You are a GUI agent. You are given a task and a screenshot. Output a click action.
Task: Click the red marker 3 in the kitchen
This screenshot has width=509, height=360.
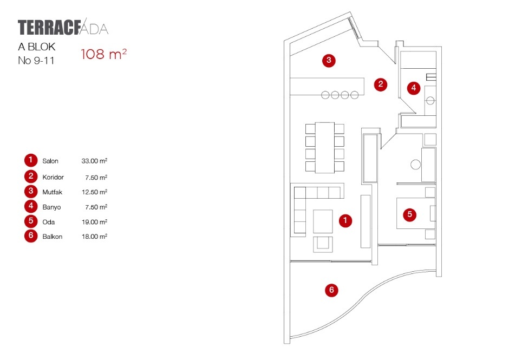pyautogui.click(x=328, y=60)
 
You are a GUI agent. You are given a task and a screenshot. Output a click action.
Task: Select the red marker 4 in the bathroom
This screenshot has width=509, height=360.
pyautogui.click(x=414, y=87)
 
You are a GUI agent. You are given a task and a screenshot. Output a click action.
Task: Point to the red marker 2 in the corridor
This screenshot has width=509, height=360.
pyautogui.click(x=381, y=84)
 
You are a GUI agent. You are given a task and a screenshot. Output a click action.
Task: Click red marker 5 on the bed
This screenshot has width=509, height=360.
pyautogui.click(x=410, y=214)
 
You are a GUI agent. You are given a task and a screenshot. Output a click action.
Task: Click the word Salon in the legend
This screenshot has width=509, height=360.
pyautogui.click(x=50, y=161)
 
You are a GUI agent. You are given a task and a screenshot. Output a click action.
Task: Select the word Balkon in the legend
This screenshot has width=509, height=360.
pyautogui.click(x=52, y=237)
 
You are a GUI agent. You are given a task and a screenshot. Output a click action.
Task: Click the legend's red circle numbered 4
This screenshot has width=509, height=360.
pyautogui.click(x=30, y=206)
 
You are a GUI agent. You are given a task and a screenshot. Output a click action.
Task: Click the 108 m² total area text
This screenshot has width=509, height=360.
pyautogui.click(x=103, y=54)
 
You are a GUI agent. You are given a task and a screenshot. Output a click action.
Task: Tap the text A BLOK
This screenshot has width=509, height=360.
pyautogui.click(x=37, y=47)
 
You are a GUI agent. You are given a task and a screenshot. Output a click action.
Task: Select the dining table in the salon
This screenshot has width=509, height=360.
pyautogui.click(x=325, y=147)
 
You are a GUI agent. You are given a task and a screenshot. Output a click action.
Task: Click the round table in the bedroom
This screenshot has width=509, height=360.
pyautogui.click(x=415, y=165)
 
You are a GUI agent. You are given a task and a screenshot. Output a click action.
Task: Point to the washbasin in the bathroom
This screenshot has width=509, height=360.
pyautogui.click(x=431, y=100)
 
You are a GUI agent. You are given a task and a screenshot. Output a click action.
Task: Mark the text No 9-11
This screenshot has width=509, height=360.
pyautogui.click(x=36, y=61)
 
